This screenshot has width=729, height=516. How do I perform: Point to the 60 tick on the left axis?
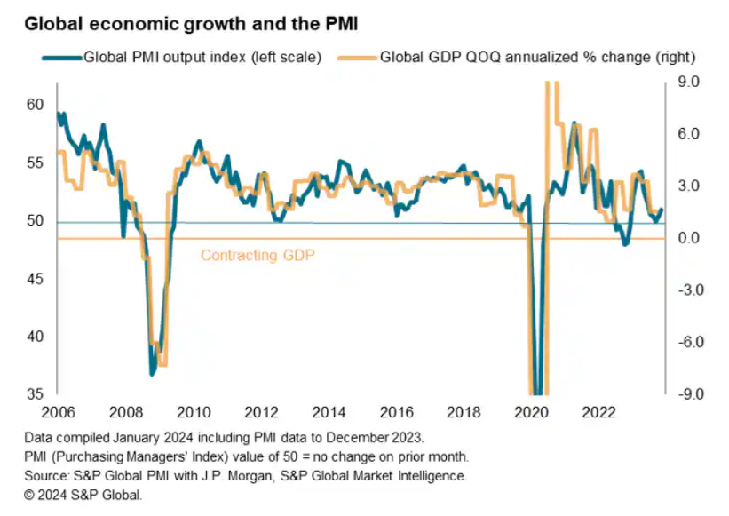(x=35, y=105)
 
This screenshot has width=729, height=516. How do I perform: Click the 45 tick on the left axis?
(x=35, y=279)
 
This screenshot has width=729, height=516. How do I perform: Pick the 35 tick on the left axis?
(x=35, y=394)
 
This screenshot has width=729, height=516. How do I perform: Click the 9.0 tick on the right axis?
(x=690, y=82)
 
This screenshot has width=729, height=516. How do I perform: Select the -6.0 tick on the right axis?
(x=688, y=343)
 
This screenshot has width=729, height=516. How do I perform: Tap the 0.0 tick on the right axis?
(x=690, y=238)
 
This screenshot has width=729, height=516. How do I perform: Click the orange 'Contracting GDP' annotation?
(x=258, y=256)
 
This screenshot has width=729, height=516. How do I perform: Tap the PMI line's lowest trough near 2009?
(x=153, y=374)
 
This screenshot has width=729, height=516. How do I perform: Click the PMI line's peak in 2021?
(x=574, y=123)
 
